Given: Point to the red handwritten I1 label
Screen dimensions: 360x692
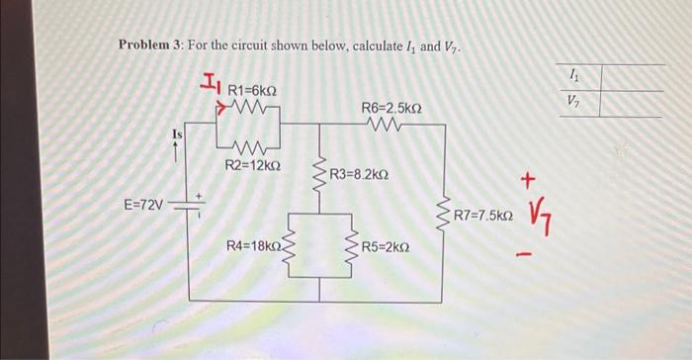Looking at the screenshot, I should pos(211,85).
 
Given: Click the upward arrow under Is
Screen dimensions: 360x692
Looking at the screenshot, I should pos(177,150).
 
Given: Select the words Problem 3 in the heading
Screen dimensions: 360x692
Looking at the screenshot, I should pos(150,46).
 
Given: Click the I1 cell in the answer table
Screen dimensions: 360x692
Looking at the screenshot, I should pos(574,76).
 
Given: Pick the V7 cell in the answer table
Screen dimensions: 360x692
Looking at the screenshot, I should pos(574,100).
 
